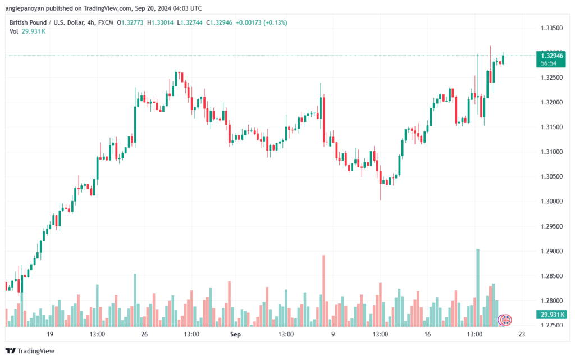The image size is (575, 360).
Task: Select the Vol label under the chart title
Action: click(x=13, y=31)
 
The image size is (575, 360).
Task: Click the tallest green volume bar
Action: click(x=478, y=286)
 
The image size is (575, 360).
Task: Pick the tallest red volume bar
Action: click(x=324, y=290)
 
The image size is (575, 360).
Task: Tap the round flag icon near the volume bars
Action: click(x=506, y=320)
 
